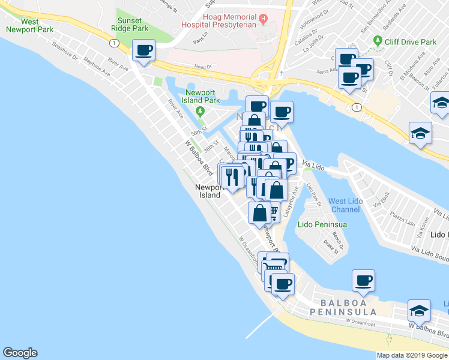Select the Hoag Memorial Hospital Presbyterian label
click(226, 20)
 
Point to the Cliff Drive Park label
click(411, 42)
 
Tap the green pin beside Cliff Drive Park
click(378, 41)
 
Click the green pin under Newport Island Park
click(200, 110)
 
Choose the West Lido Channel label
click(346, 205)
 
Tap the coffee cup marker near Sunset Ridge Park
click(143, 50)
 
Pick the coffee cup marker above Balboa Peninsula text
click(363, 280)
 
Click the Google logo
click(20, 353)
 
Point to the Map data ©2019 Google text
click(411, 355)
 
